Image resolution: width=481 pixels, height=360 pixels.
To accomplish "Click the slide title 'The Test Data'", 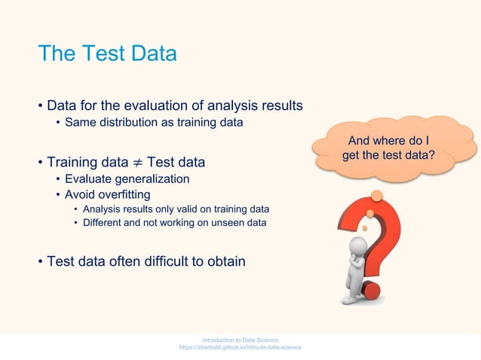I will point(107,54).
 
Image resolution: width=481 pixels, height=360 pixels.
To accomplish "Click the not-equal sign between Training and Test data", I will point(137,163).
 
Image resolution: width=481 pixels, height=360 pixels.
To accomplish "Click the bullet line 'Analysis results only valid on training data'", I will point(176,209).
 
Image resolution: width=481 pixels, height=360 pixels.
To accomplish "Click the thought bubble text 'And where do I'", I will point(388,141).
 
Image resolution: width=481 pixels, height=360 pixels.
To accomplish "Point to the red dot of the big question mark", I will point(370,289).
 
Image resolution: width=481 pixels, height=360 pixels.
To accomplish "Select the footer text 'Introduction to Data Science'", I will point(240,340).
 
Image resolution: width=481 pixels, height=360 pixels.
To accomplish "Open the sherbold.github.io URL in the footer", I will point(240,347).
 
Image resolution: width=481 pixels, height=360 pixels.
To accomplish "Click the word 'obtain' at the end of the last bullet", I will point(226,261).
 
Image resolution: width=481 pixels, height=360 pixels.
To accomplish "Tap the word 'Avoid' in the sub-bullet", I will point(79,194).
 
